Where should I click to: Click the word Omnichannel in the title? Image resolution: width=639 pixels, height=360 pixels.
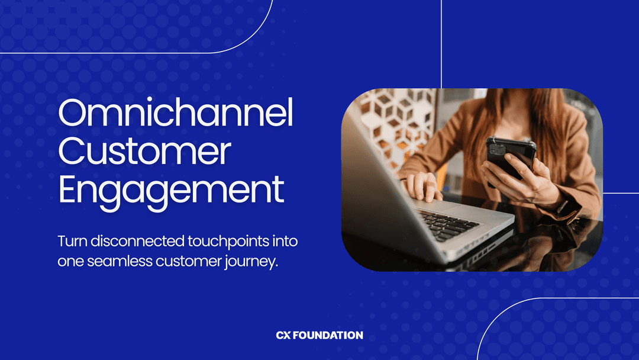coord(176,114)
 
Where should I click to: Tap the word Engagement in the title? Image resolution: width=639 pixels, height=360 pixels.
coord(171,189)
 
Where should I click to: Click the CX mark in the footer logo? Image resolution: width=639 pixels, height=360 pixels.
coord(284,335)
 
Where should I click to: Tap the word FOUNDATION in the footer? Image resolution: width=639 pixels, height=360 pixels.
coord(328,335)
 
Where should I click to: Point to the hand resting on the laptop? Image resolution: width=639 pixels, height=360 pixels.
coord(422,185)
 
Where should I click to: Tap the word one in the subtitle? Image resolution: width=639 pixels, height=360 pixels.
coord(70,262)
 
